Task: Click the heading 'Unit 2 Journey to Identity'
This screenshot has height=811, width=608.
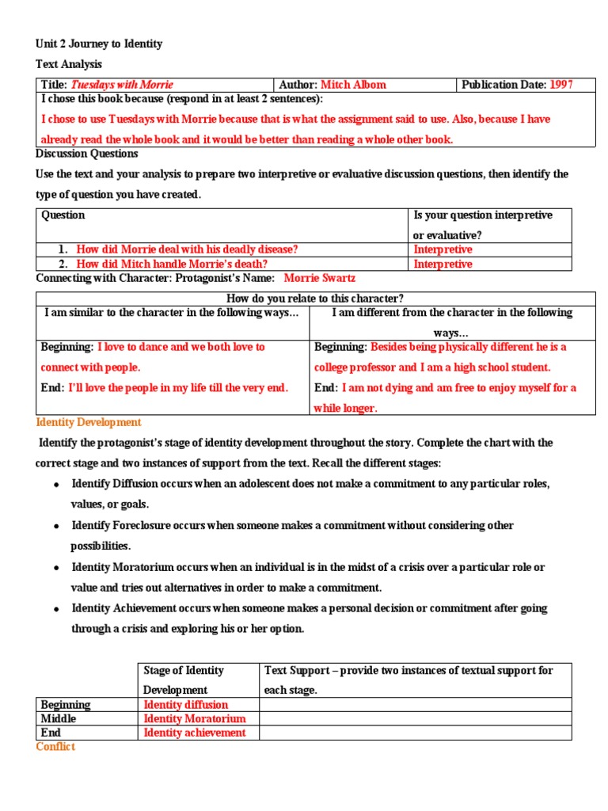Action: [99, 44]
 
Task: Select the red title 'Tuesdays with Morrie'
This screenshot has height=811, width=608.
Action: [122, 85]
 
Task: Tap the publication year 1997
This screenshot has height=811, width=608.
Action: [561, 85]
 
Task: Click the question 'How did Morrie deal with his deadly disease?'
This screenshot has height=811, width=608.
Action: [187, 249]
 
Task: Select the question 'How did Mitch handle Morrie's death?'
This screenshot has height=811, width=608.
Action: [172, 264]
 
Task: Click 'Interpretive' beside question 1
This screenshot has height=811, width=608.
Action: [443, 249]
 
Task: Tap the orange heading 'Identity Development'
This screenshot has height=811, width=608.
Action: [89, 423]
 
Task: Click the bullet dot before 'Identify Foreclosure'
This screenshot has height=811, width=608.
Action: [57, 526]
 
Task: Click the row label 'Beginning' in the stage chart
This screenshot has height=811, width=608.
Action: [66, 705]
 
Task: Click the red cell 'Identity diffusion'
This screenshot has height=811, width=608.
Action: [185, 705]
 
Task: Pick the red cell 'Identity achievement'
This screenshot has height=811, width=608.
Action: [195, 733]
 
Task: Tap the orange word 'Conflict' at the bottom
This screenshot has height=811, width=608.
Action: [55, 747]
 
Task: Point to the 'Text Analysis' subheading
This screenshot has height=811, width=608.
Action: [69, 64]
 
